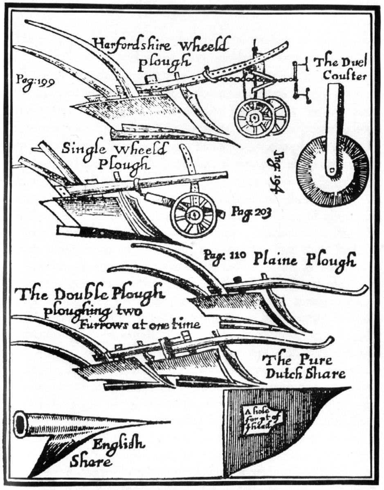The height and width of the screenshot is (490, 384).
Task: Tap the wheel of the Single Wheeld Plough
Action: click(x=194, y=214)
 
